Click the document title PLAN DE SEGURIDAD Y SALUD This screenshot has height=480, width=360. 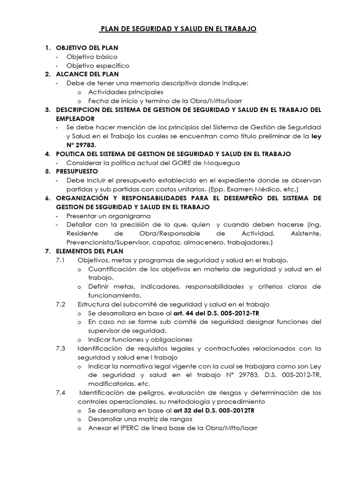pos(179,29)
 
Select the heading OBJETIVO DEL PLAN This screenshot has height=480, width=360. pos(87,48)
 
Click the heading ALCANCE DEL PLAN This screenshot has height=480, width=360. pos(87,74)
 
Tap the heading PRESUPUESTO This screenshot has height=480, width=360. pos(77,171)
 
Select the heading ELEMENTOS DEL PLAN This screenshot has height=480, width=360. pos(90,251)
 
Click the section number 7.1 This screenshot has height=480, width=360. pos(61,260)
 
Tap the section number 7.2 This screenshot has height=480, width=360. pos(61,304)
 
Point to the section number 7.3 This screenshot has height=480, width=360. pos(61,348)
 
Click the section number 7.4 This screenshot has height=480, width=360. pos(61,392)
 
